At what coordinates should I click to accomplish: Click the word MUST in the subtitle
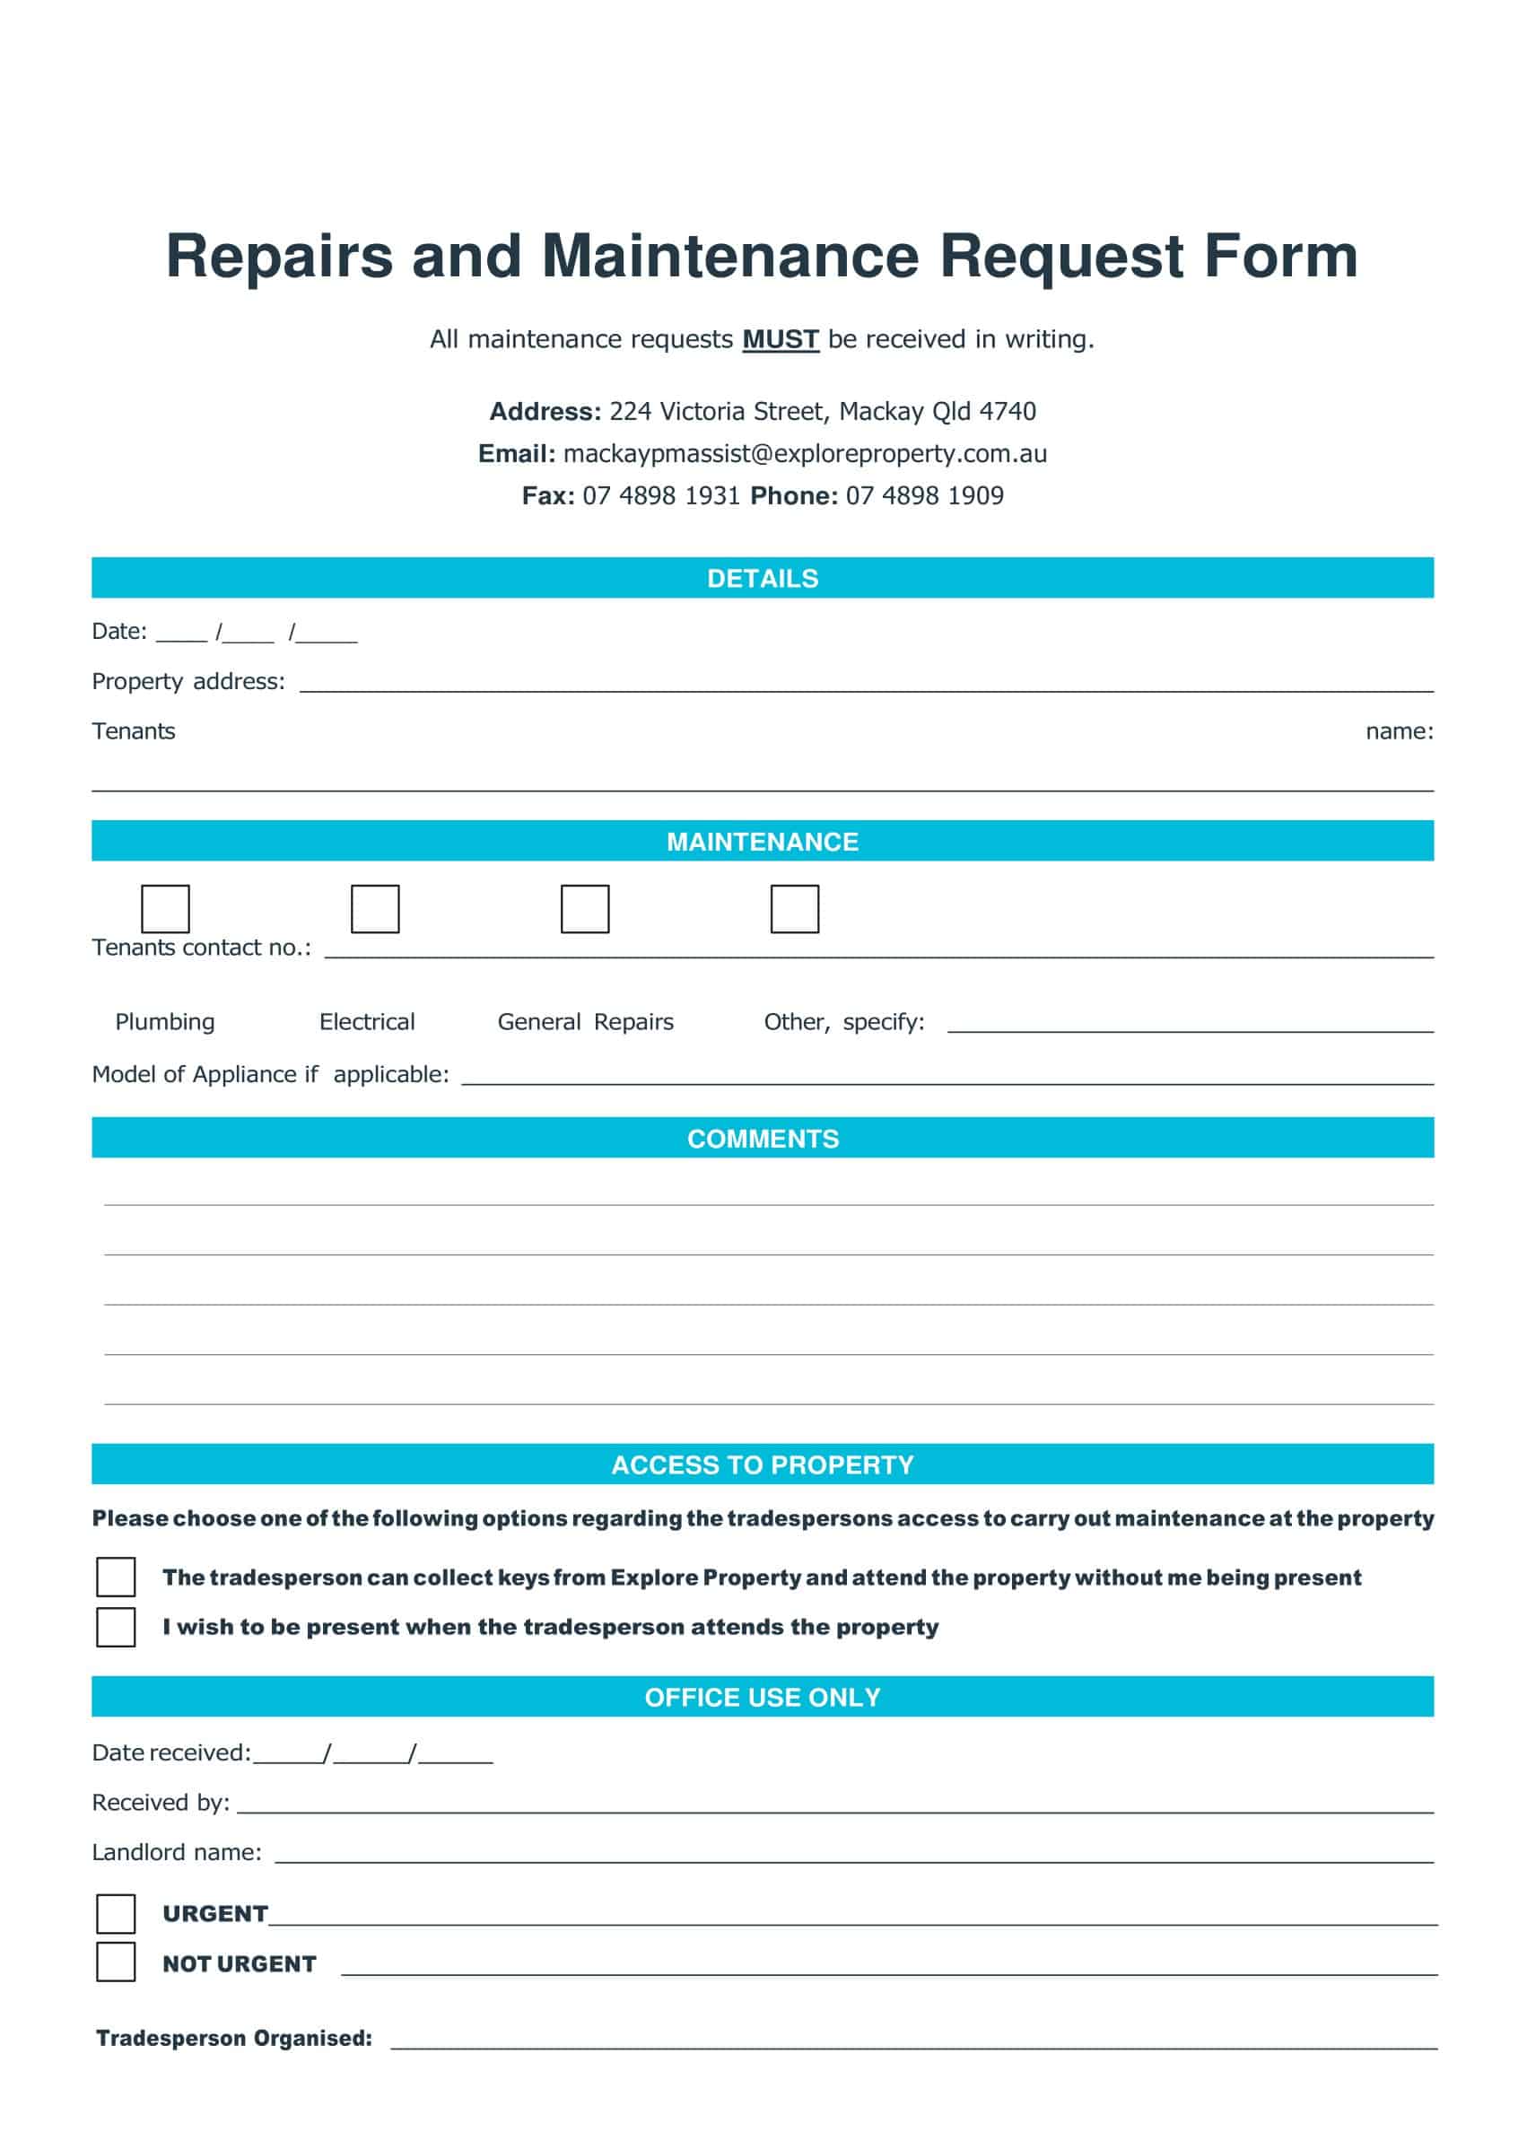pyautogui.click(x=781, y=338)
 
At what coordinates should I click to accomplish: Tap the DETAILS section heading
pyautogui.click(x=763, y=578)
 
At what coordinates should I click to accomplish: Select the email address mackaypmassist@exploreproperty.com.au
pyautogui.click(x=805, y=453)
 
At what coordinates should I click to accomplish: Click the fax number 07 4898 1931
pyautogui.click(x=661, y=495)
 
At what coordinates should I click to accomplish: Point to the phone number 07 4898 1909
pyautogui.click(x=924, y=495)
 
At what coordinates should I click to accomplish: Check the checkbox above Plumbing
pyautogui.click(x=165, y=908)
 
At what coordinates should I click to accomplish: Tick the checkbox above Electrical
pyautogui.click(x=375, y=908)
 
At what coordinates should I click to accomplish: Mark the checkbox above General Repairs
pyautogui.click(x=585, y=908)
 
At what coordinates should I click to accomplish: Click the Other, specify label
pyautogui.click(x=843, y=1022)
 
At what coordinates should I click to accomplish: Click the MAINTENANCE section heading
pyautogui.click(x=763, y=842)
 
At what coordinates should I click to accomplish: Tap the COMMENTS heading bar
pyautogui.click(x=763, y=1139)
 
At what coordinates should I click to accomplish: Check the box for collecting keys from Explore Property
pyautogui.click(x=116, y=1577)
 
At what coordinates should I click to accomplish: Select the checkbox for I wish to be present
pyautogui.click(x=116, y=1627)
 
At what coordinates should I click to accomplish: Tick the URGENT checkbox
pyautogui.click(x=116, y=1913)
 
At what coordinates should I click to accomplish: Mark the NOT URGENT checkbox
pyautogui.click(x=116, y=1962)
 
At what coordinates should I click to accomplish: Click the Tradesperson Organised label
pyautogui.click(x=234, y=2038)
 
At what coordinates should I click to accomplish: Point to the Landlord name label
pyautogui.click(x=177, y=1852)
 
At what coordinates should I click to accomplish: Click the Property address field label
pyautogui.click(x=188, y=681)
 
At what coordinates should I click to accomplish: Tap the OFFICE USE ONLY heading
pyautogui.click(x=763, y=1697)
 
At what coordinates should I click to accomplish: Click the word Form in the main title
pyautogui.click(x=1280, y=256)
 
